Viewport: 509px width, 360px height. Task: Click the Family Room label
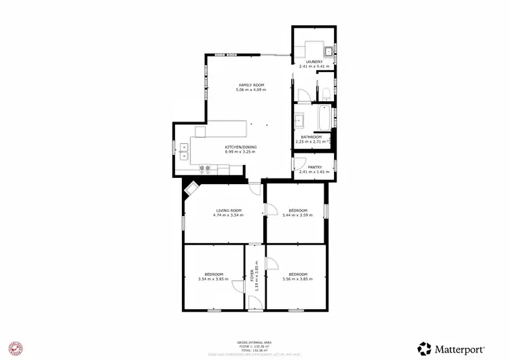(x=250, y=85)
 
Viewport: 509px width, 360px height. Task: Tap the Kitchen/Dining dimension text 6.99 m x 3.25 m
(x=241, y=152)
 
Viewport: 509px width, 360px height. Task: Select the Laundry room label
(x=314, y=62)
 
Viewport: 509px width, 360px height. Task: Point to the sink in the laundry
(x=328, y=50)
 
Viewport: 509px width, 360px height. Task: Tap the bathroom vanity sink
(x=299, y=122)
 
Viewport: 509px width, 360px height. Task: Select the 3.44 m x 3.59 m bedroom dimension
(x=298, y=215)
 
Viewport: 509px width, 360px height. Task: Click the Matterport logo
(x=451, y=348)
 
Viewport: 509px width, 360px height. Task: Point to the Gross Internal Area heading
(x=254, y=342)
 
